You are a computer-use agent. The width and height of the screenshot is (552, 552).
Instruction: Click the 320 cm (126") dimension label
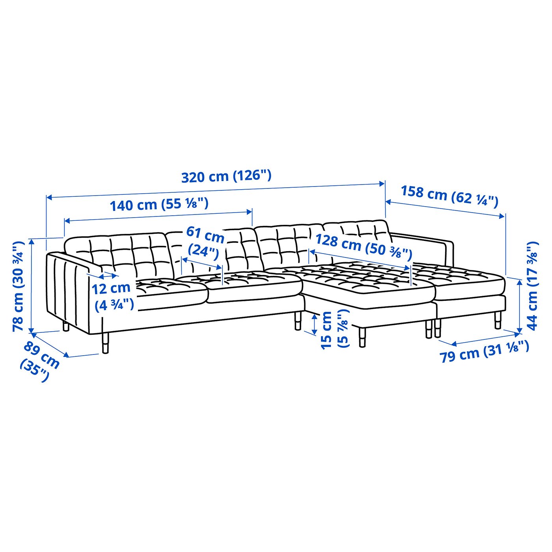click(226, 176)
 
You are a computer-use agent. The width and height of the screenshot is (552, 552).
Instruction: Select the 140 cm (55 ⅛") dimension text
click(159, 205)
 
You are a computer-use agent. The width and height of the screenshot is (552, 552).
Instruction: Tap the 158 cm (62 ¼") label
click(449, 196)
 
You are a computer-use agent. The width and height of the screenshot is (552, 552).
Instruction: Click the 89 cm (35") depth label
click(39, 361)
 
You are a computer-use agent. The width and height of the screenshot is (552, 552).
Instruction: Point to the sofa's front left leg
click(105, 343)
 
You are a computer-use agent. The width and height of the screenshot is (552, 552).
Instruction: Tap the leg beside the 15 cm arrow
click(298, 320)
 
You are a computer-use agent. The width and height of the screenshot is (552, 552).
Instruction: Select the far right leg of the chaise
click(498, 319)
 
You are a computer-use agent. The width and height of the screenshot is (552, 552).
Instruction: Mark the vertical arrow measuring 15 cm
click(314, 324)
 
